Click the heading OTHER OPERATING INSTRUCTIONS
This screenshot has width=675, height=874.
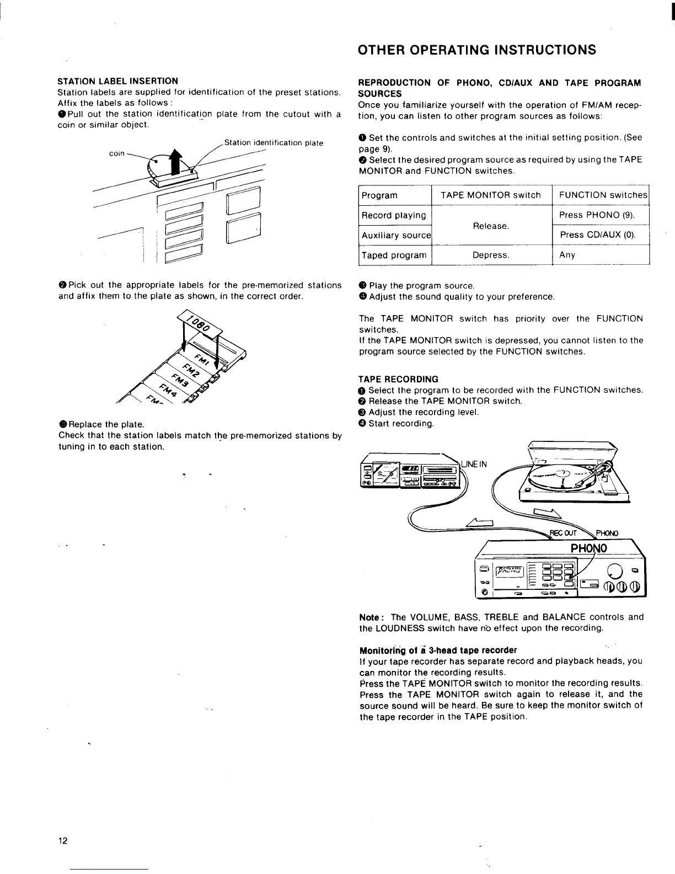point(477,50)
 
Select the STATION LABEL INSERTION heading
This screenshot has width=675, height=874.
point(118,81)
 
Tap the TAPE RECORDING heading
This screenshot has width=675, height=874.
point(398,379)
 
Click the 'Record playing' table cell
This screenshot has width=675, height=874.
point(394,215)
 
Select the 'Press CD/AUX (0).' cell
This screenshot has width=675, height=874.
point(598,235)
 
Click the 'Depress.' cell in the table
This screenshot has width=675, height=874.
point(491,255)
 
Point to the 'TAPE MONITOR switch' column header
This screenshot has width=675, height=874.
point(491,195)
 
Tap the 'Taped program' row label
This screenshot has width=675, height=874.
point(394,255)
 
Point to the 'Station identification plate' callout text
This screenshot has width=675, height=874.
point(274,143)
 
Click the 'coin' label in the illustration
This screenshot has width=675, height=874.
point(116,153)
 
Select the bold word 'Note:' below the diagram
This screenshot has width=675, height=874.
point(371,617)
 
